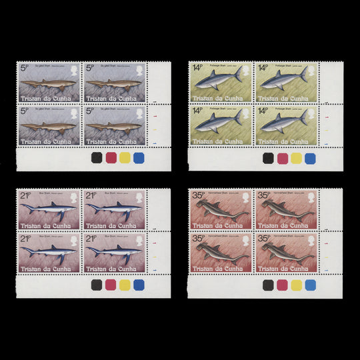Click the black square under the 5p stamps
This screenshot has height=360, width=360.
coord(97,158)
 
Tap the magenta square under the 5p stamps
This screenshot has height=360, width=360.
coord(111,158)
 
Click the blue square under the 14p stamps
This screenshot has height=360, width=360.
coord(310,158)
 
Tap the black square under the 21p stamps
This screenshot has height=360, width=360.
coord(97,285)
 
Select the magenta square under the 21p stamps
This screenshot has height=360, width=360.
coord(111,285)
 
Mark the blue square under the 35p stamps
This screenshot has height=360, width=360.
coord(310,285)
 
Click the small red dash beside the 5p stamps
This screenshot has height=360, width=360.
coord(155,117)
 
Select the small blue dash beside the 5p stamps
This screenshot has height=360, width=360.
coord(155,143)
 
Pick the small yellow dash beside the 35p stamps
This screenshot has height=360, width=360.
coord(327,257)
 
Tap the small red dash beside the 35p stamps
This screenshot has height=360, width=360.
coord(327,243)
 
